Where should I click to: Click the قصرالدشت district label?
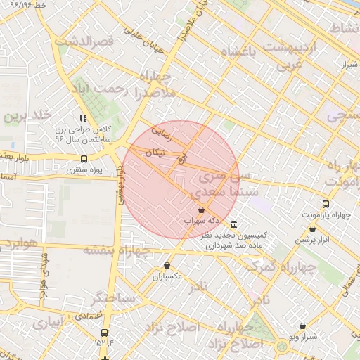88,42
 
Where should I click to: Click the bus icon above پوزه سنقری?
84,159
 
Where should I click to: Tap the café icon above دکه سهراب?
202,210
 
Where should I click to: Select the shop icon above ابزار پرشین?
312,229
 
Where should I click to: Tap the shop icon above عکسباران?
167,265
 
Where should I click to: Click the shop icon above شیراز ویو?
302,326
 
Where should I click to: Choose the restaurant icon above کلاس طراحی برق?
83,119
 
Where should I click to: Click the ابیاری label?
47,324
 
